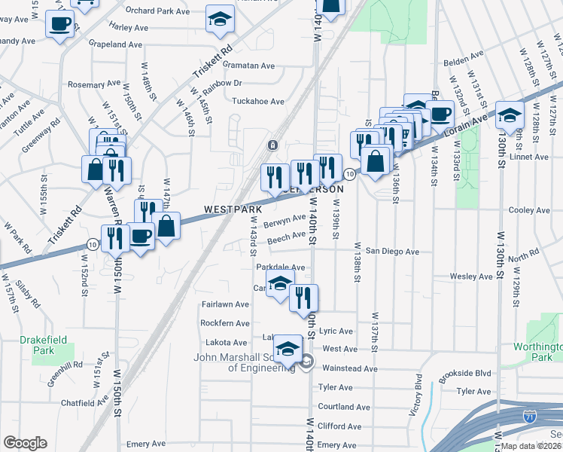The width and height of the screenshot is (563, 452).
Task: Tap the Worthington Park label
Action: tap(536, 353)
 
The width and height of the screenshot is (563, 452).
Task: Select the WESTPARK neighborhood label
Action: tap(233, 209)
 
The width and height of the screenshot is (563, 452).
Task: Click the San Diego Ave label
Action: tap(392, 251)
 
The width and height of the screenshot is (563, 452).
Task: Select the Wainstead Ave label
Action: tap(349, 368)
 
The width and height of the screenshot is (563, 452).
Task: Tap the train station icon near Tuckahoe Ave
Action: tap(272, 144)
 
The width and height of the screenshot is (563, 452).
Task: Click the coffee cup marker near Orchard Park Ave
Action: tap(59, 23)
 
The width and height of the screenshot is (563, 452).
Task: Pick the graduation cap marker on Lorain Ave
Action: tap(510, 115)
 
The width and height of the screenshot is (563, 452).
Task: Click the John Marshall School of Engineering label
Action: tap(246, 362)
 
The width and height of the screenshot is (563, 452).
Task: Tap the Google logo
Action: tap(25, 443)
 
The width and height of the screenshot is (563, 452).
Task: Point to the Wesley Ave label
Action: tap(470, 276)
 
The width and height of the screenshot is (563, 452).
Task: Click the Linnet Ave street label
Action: tap(531, 157)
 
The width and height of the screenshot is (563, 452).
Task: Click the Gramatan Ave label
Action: tap(248, 66)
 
